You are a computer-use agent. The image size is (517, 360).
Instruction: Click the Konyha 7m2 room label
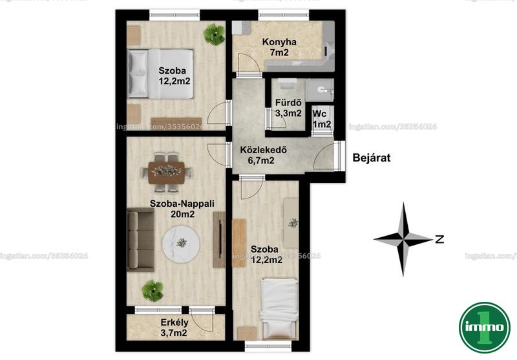click(279, 47)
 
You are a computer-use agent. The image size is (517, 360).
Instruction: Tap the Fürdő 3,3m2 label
click(288, 108)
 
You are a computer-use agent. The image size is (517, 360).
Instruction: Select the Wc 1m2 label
click(321, 119)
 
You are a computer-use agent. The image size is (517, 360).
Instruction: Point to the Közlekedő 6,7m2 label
click(263, 155)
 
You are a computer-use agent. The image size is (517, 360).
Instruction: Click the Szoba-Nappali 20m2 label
click(182, 209)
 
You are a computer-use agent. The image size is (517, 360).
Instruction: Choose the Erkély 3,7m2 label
click(174, 328)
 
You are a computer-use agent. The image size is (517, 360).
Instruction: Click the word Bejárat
click(371, 158)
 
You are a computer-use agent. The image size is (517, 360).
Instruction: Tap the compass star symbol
click(403, 239)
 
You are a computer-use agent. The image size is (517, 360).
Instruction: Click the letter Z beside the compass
click(439, 239)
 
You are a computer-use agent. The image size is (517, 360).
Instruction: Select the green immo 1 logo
click(485, 328)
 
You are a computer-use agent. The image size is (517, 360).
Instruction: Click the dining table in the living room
click(166, 172)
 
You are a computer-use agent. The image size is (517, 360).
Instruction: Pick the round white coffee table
click(181, 243)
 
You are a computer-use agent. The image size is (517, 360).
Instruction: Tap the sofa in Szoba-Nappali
click(141, 240)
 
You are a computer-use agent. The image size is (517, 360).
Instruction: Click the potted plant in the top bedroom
click(214, 34)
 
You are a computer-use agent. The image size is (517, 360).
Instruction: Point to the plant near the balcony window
click(153, 290)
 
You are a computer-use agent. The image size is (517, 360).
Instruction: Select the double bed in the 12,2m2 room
click(160, 74)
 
